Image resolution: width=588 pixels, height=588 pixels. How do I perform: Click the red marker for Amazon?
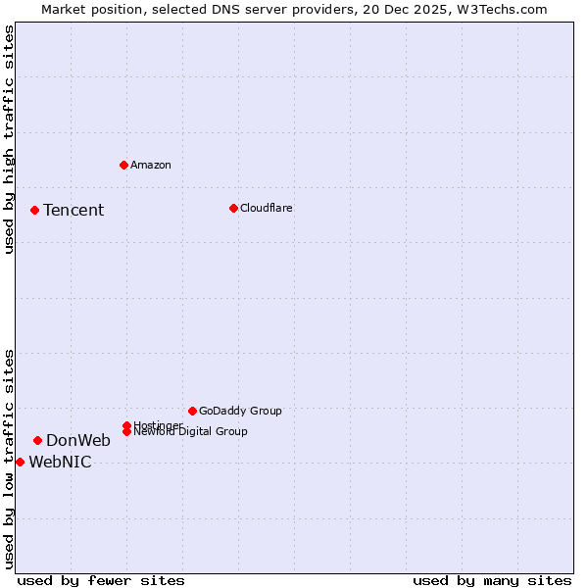coord(123,165)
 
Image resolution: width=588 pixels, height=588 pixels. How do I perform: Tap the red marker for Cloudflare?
coord(233,208)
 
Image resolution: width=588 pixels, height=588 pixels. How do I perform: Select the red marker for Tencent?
coord(34,210)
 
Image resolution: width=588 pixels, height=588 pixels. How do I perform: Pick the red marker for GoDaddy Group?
coord(192,411)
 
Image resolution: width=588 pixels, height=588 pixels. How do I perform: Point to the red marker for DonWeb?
coord(37,440)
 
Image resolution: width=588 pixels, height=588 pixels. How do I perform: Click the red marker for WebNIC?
coord(20,462)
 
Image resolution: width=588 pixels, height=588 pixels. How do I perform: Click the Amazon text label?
coord(151,165)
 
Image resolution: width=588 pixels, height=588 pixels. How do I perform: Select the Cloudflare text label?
coord(267,208)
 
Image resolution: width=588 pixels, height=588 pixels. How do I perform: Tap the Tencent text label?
coord(73,210)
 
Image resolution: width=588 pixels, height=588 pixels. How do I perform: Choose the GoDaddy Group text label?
coord(240,411)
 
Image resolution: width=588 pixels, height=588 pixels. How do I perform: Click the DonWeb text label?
coord(78,440)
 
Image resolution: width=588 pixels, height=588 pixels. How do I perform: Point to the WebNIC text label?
coord(60,463)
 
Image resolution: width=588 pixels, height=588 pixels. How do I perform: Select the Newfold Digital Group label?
coord(190,431)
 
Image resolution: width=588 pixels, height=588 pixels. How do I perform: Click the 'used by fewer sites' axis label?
coord(101,580)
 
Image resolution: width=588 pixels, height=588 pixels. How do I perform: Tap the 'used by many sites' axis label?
coord(492,580)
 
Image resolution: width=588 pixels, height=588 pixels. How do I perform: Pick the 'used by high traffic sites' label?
coord(9,139)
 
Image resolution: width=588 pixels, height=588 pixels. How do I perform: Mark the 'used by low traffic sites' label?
coord(9,458)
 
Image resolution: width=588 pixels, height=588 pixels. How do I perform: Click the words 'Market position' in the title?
coord(87,9)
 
